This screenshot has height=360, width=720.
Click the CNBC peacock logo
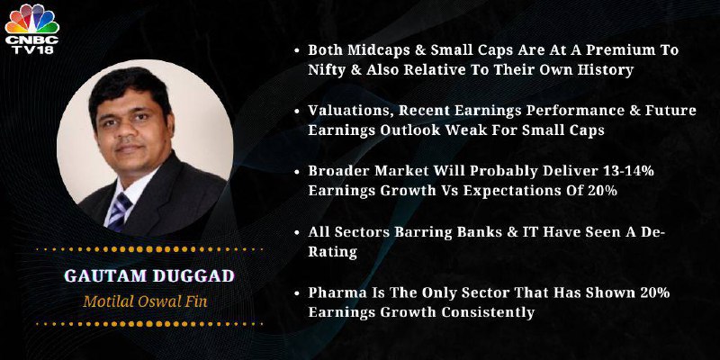pos(32,18)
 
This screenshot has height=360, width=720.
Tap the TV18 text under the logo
pos(32,49)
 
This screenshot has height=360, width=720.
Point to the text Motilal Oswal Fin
pos(145,301)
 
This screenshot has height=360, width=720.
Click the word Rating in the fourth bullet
pos(332,252)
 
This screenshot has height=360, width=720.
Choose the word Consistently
pos(488,312)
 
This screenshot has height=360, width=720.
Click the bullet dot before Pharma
pos(297,292)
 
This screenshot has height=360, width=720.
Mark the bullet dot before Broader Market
pos(297,171)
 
